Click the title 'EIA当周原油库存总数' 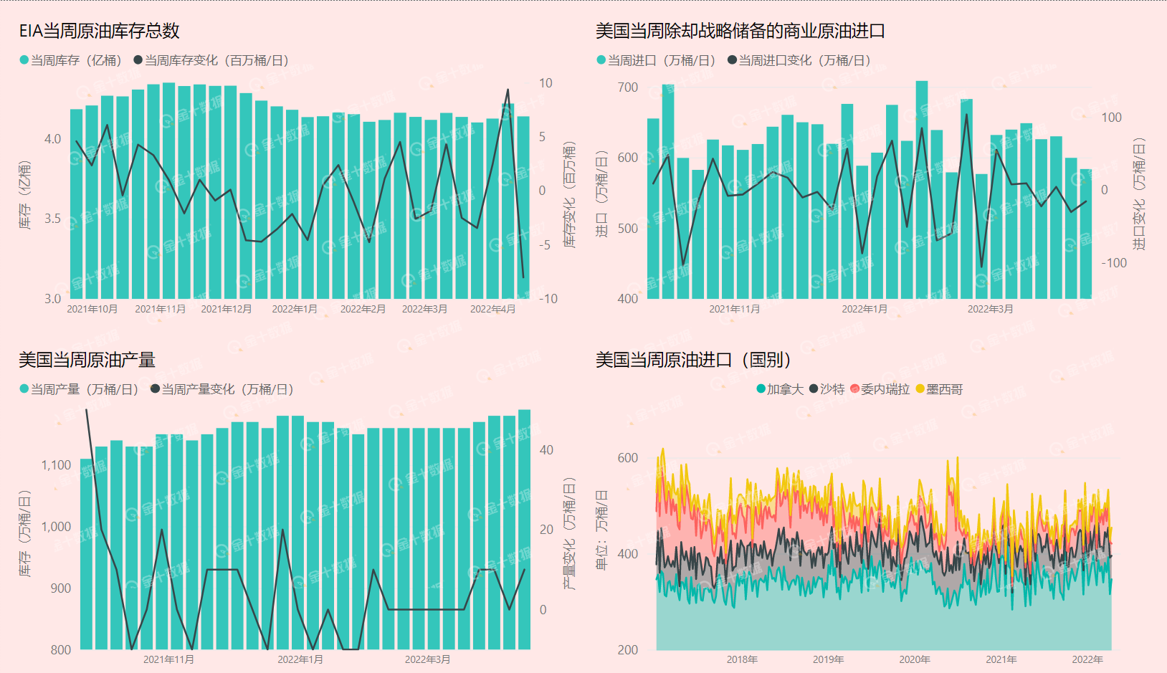pos(99,31)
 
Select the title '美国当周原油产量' pos(87,360)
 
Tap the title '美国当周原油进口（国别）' pos(693,360)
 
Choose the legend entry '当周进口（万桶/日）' pos(656,60)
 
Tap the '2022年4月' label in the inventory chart pos(492,309)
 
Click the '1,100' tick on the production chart pos(56,465)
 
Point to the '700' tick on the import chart pos(627,87)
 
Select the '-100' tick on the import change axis pos(1114,263)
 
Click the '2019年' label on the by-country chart pos(828,659)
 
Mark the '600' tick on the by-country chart pos(627,458)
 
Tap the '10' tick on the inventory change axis pos(546,83)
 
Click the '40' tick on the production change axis pos(546,450)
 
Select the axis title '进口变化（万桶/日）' pos(1139,194)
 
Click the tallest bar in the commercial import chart pos(922,190)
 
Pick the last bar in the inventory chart pos(523,208)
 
